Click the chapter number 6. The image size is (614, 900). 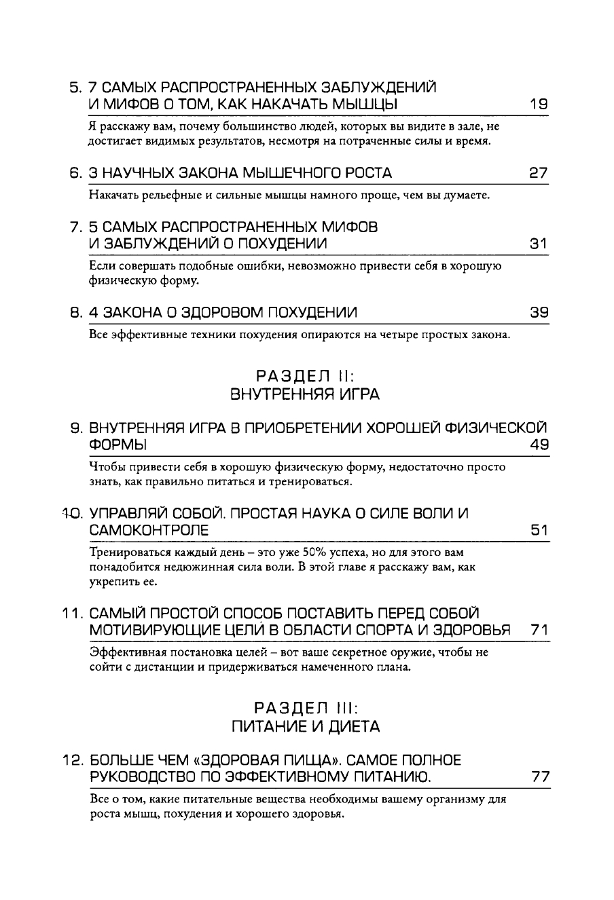click(75, 173)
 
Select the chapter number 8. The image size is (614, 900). click(75, 312)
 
